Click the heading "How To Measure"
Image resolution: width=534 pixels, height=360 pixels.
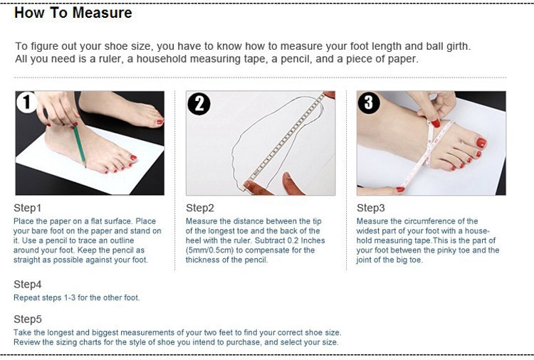(73, 13)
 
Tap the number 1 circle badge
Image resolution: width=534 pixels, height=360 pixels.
(26, 102)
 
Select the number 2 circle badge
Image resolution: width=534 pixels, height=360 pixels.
(199, 103)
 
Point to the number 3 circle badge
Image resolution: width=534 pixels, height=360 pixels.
(369, 102)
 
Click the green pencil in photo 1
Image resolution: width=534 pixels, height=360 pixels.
(79, 146)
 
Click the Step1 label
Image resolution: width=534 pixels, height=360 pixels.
(28, 208)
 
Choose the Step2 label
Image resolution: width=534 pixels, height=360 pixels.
(200, 208)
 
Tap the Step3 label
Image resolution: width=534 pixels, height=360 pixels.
(371, 208)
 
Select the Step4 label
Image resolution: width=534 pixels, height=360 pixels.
(28, 285)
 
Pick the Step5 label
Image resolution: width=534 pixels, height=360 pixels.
(28, 319)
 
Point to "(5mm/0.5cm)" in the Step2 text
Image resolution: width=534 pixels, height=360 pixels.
(209, 250)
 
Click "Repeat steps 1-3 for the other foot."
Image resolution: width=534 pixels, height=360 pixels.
(77, 297)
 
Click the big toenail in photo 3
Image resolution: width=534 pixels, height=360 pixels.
(481, 143)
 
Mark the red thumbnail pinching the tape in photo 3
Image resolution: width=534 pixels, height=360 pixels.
(435, 122)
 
